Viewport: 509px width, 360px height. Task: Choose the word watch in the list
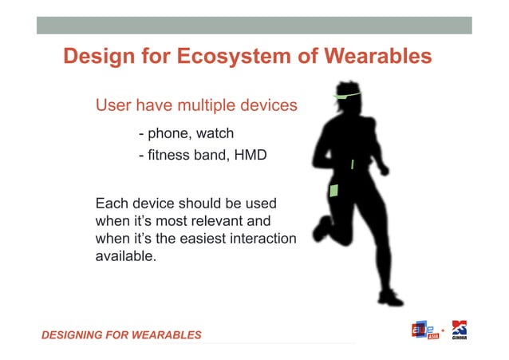coord(210,133)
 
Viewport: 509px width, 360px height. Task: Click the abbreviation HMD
coord(248,155)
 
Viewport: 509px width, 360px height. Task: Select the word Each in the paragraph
coord(111,203)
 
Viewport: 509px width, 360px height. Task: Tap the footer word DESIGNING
coord(75,334)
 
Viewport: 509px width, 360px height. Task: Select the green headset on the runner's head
coord(347,96)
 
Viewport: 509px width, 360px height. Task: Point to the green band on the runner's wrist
coord(353,164)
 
